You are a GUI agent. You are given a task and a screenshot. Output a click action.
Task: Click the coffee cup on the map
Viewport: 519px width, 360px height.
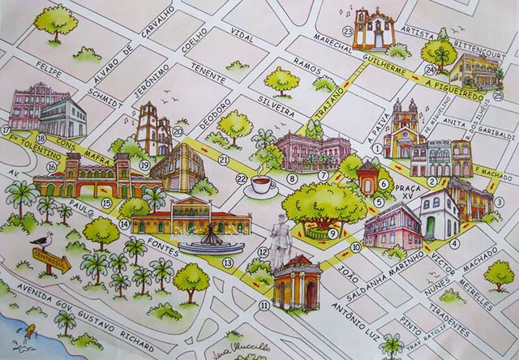pyautogui.click(x=263, y=185)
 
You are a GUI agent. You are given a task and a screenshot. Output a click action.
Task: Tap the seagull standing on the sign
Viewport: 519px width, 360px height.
pyautogui.click(x=44, y=240)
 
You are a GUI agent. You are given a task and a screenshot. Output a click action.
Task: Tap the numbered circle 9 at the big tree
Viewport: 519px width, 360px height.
pyautogui.click(x=332, y=234)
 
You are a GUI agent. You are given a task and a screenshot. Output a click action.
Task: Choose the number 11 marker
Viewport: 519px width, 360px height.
pyautogui.click(x=264, y=305)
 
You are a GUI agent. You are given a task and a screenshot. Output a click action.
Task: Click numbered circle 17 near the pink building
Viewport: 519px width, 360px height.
pyautogui.click(x=6, y=130)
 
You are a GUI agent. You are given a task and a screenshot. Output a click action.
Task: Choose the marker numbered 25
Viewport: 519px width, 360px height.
pyautogui.click(x=427, y=45)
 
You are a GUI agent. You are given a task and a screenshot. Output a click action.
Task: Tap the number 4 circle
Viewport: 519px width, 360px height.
pyautogui.click(x=454, y=243)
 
